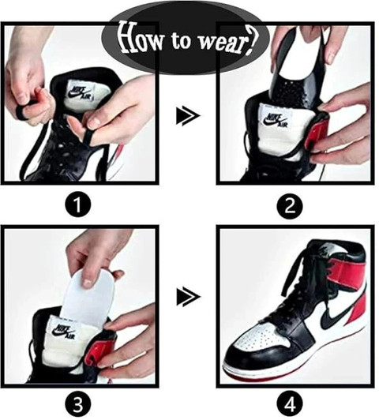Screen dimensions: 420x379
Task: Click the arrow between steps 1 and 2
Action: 187,117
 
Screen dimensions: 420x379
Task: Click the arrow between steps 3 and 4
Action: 187,297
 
